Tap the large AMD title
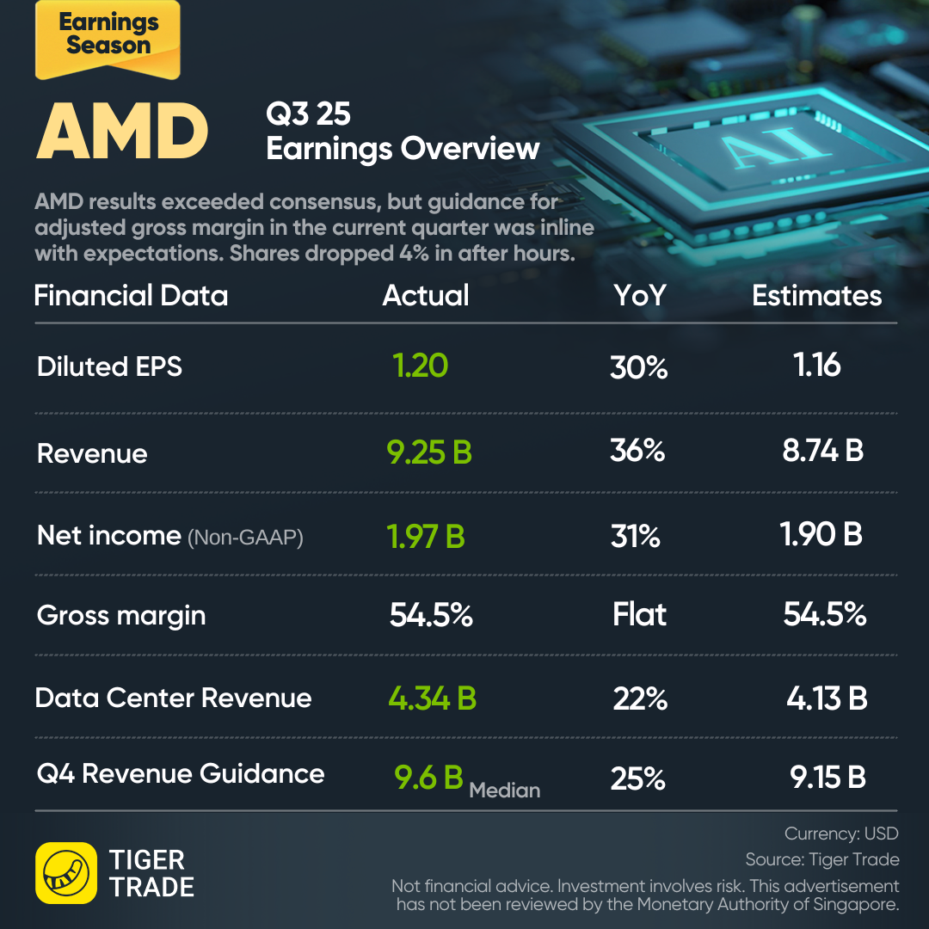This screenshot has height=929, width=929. pyautogui.click(x=122, y=132)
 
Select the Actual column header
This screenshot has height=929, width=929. pyautogui.click(x=426, y=296)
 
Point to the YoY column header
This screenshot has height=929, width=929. pyautogui.click(x=639, y=296)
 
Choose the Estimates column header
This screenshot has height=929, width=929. pyautogui.click(x=816, y=296)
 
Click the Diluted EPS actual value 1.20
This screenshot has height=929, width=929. pyautogui.click(x=421, y=366)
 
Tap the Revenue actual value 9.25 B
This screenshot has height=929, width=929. pyautogui.click(x=429, y=453)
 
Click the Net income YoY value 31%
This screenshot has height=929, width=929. pyautogui.click(x=636, y=537)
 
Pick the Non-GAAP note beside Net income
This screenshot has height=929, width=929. pyautogui.click(x=245, y=538)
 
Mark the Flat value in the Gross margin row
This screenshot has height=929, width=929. pyautogui.click(x=639, y=615)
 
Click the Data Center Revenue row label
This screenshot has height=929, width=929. pyautogui.click(x=173, y=698)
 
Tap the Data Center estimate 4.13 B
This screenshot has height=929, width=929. pyautogui.click(x=827, y=698)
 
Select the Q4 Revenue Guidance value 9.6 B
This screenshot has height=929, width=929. pyautogui.click(x=429, y=778)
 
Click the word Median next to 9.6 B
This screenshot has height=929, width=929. pyautogui.click(x=505, y=790)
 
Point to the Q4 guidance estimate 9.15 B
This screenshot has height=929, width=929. pyautogui.click(x=827, y=778)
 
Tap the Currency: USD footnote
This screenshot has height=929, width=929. pyautogui.click(x=841, y=834)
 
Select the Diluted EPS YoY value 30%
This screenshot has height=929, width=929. pyautogui.click(x=638, y=368)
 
